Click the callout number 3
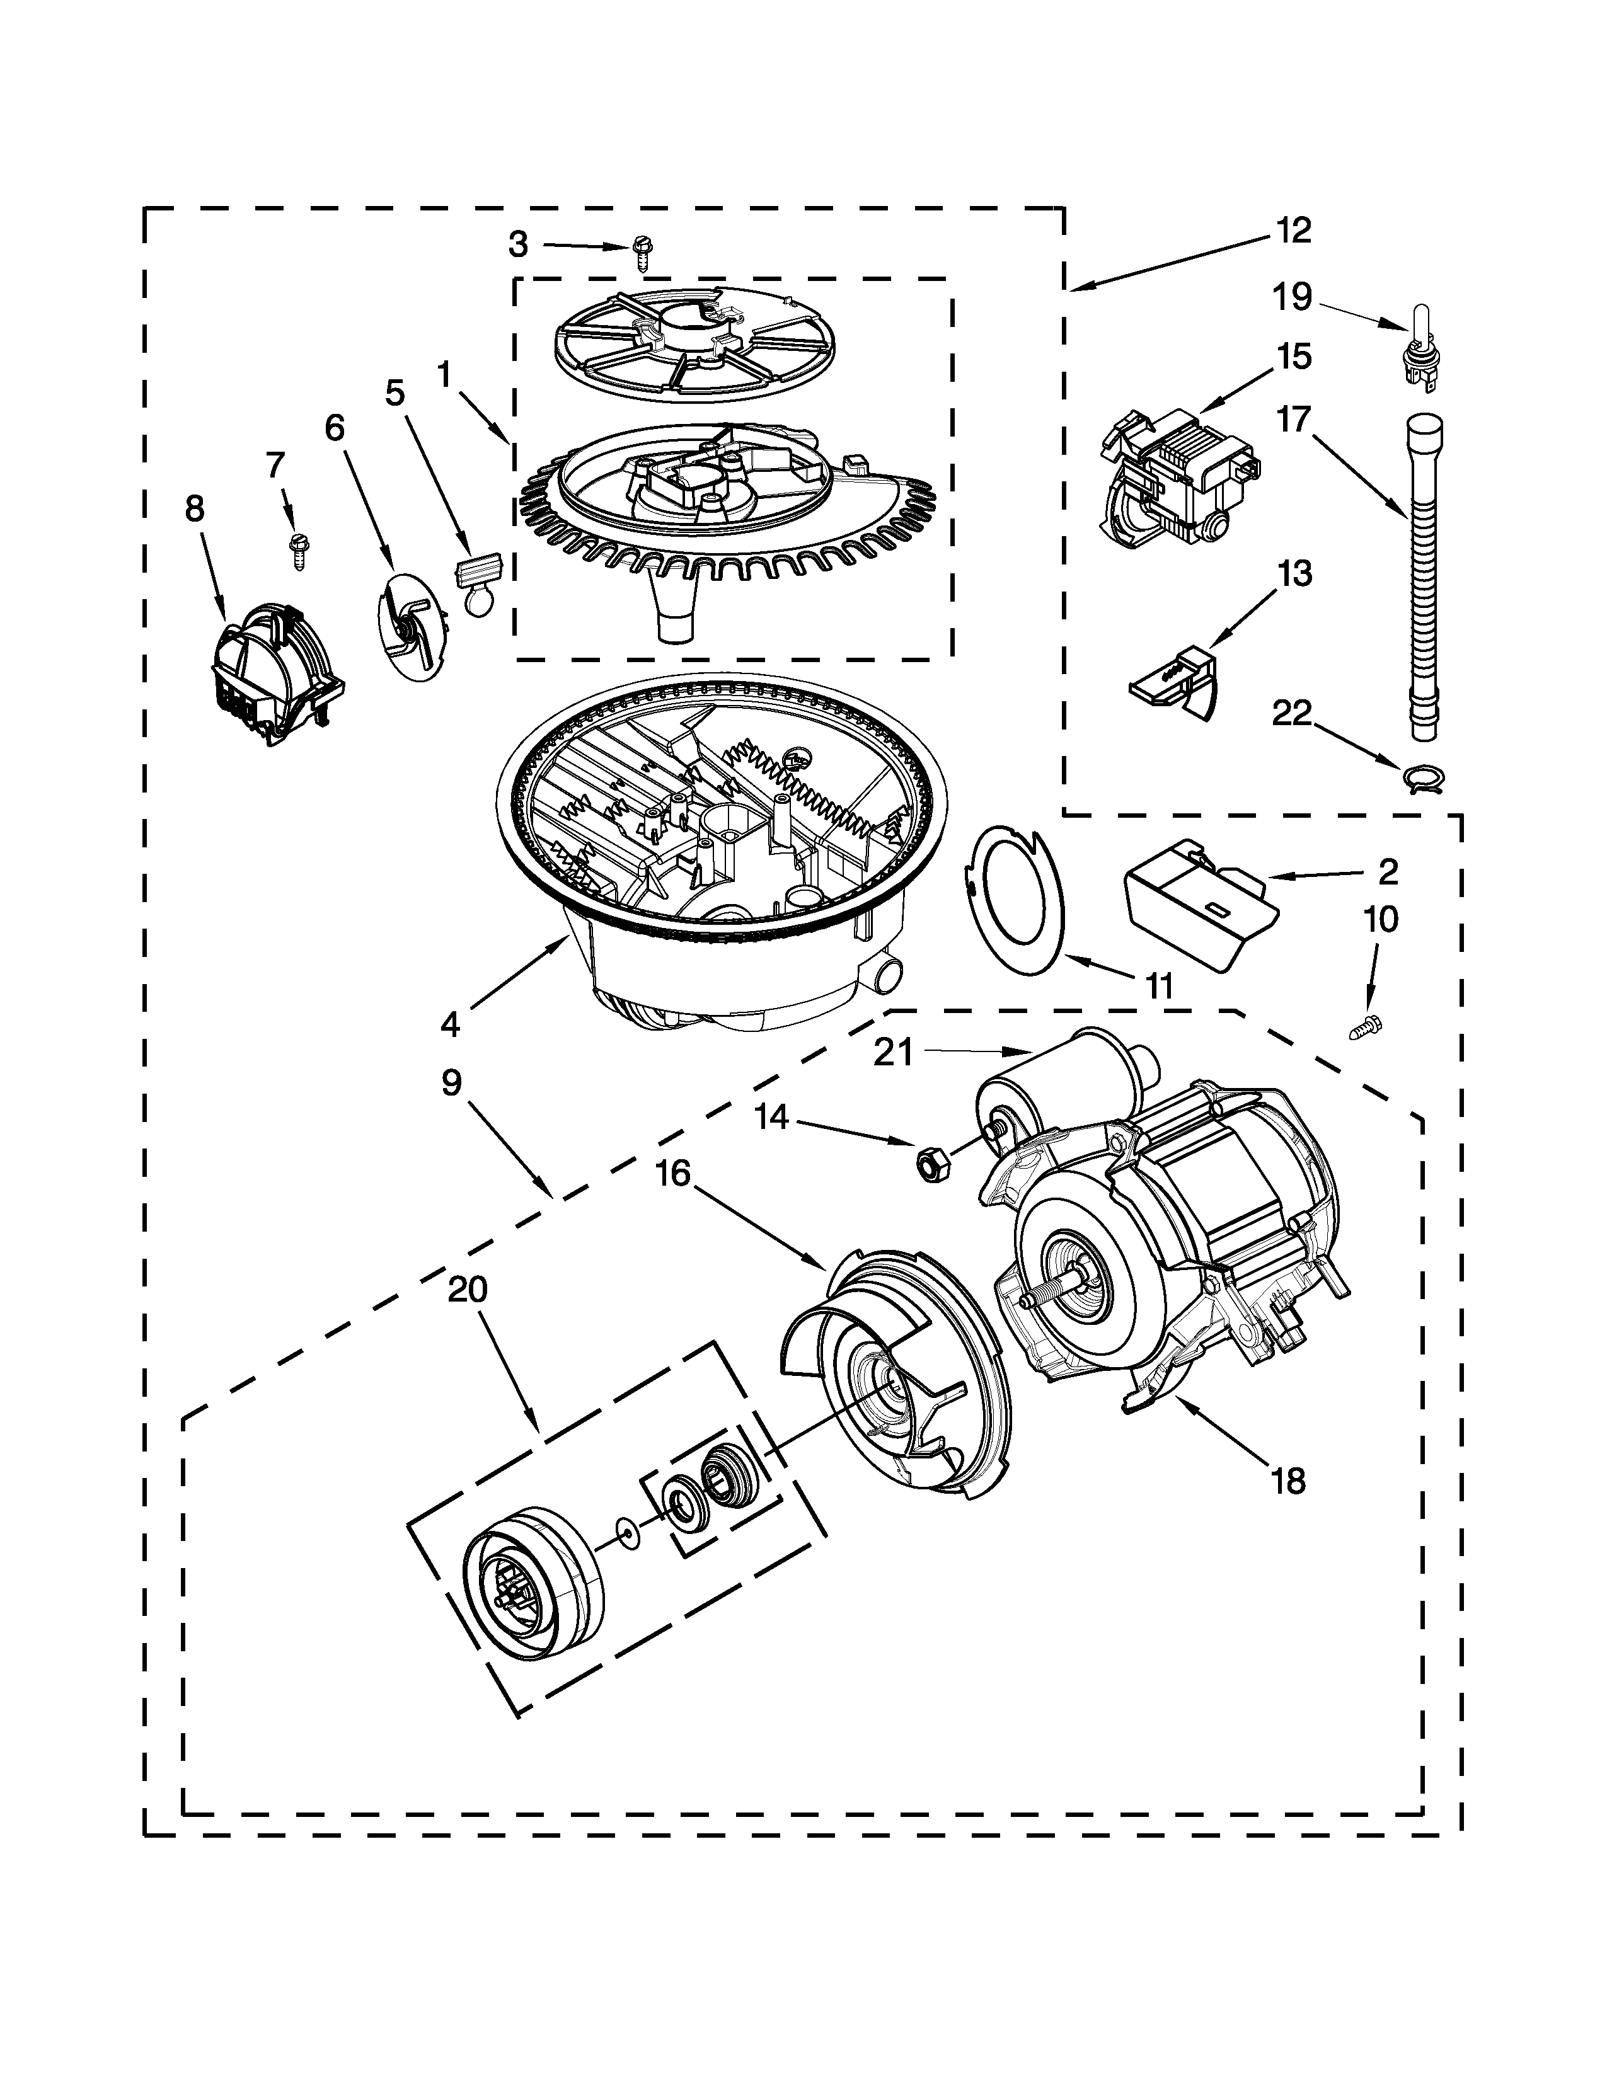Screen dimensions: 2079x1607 (x=518, y=244)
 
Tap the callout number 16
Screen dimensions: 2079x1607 (x=673, y=1174)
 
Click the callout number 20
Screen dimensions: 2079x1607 (x=468, y=1290)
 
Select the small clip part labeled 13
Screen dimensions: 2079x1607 (x=1178, y=679)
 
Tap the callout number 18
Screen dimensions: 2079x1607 (x=1288, y=1482)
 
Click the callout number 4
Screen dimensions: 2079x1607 (x=451, y=1025)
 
